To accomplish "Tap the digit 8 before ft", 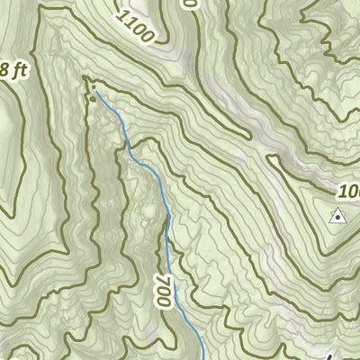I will coord(4,70).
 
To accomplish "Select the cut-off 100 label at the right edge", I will coord(349,192).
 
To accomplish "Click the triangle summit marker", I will coord(337,215).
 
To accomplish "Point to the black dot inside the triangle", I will coord(337,217).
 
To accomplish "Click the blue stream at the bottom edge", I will coord(202,356).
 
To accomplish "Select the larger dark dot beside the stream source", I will coord(92,99).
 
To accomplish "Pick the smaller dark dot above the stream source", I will coord(88,87).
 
